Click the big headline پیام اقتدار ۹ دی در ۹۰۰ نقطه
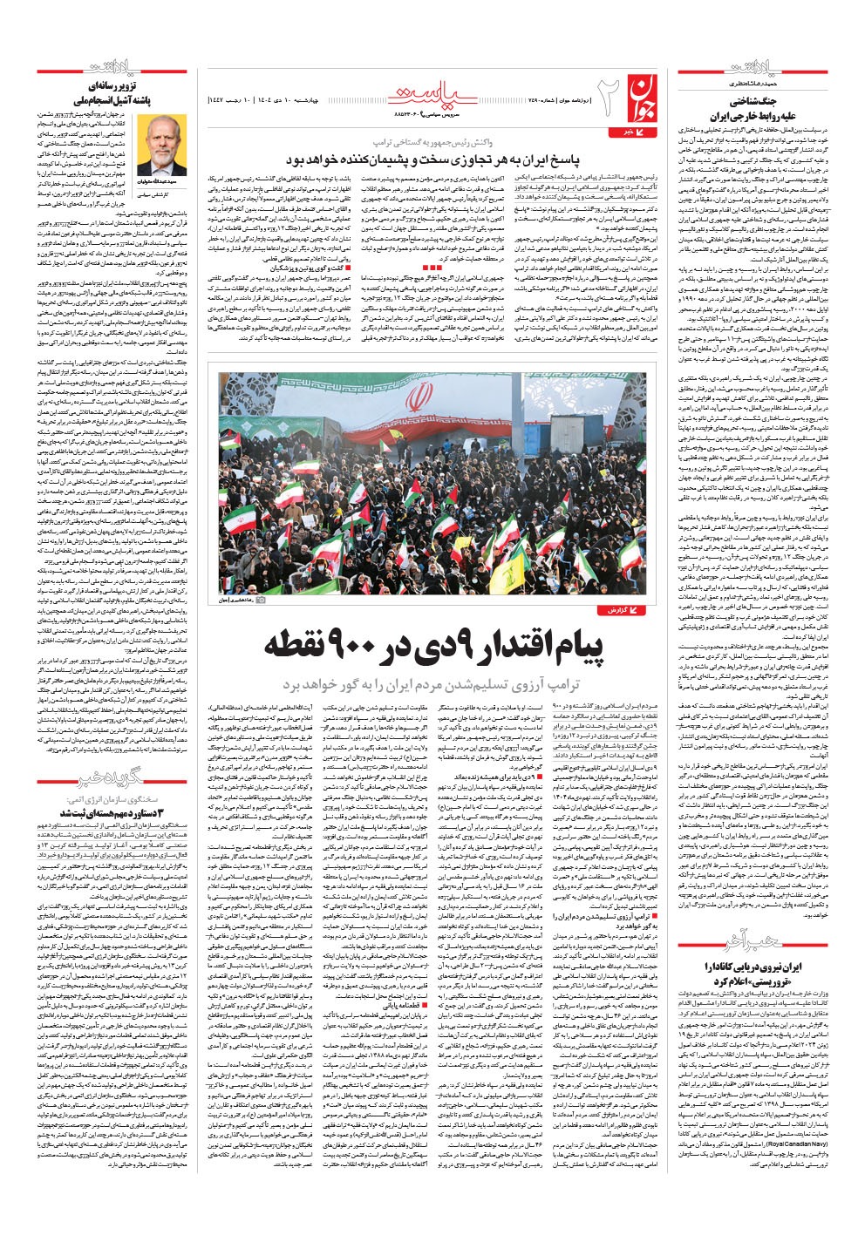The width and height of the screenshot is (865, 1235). (433, 646)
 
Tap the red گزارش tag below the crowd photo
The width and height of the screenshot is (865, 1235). (624, 612)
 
